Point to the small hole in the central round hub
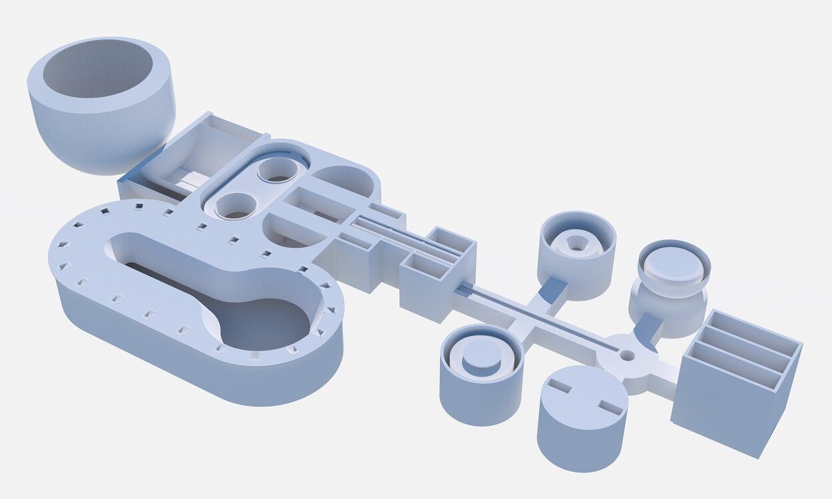click(x=626, y=355)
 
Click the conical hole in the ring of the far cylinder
click(x=576, y=243)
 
